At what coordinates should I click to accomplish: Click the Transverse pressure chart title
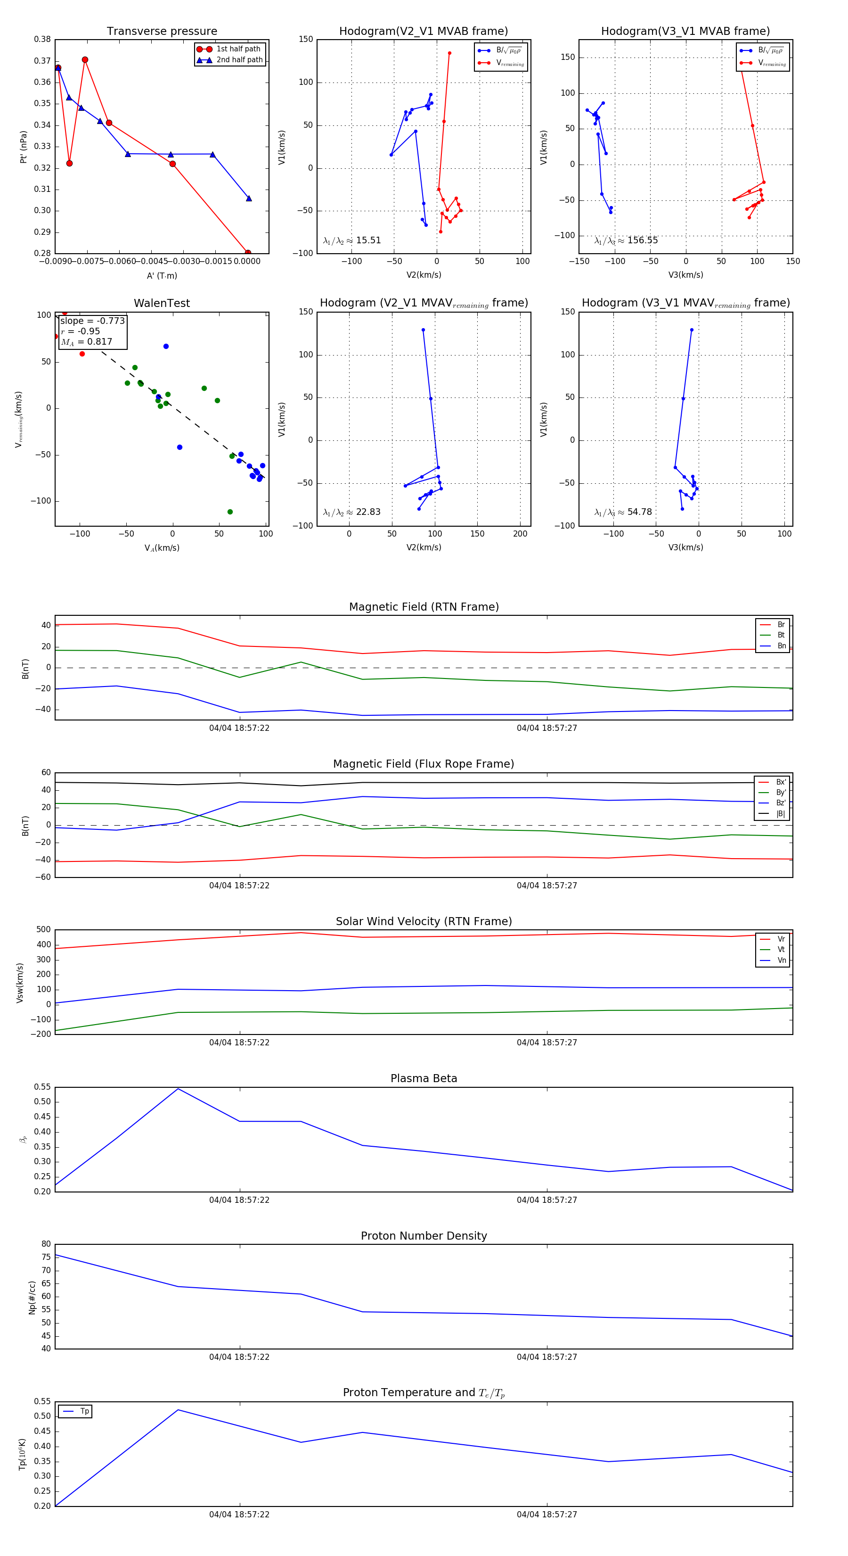tap(162, 32)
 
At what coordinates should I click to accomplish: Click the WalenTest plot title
tap(162, 303)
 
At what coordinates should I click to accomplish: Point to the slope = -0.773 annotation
tap(92, 321)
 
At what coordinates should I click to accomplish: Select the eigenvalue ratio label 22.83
tap(352, 512)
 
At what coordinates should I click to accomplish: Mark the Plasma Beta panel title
tap(424, 1078)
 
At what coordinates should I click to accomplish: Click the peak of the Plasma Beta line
tap(178, 1089)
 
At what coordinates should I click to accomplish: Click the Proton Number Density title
tap(424, 1236)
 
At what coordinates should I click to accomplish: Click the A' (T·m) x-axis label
tap(162, 275)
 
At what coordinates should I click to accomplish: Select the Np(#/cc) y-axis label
tap(32, 1298)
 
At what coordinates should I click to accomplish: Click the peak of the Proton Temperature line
tap(178, 1410)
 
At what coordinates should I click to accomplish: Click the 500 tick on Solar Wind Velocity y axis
tap(43, 930)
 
